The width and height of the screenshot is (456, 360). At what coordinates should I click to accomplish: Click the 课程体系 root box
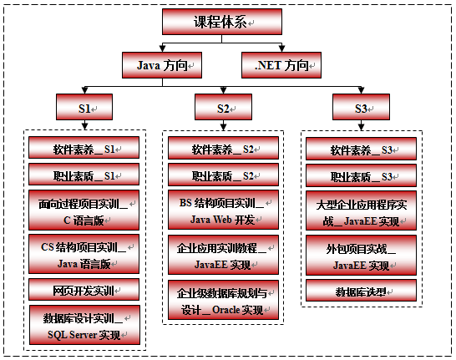222,22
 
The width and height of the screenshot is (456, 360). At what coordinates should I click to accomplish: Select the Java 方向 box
162,65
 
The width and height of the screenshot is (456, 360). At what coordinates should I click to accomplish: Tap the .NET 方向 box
281,65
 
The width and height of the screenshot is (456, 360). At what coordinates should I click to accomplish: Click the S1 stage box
84,107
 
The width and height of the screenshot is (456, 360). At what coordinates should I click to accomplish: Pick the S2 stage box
223,107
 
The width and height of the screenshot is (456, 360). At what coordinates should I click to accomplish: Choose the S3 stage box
361,107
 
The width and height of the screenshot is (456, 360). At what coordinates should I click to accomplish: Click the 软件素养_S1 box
84,148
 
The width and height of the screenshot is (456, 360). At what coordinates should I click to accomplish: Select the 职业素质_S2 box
223,175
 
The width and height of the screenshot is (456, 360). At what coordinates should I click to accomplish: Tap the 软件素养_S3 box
361,149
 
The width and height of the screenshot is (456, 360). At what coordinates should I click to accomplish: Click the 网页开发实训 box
84,290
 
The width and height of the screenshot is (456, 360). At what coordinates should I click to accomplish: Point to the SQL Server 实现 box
84,325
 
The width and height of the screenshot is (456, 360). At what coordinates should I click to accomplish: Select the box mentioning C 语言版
84,210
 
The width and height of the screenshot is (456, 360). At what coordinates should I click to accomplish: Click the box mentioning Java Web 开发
223,210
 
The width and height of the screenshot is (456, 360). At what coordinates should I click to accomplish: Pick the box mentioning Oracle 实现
223,300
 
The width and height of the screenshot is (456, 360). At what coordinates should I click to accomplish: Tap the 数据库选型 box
361,291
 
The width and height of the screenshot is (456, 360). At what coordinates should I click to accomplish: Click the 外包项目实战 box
361,256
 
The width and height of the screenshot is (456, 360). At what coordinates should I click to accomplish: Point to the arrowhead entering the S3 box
361,90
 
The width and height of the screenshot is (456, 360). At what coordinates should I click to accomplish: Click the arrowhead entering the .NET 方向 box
281,48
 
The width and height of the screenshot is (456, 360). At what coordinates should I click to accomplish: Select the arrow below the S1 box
84,124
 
